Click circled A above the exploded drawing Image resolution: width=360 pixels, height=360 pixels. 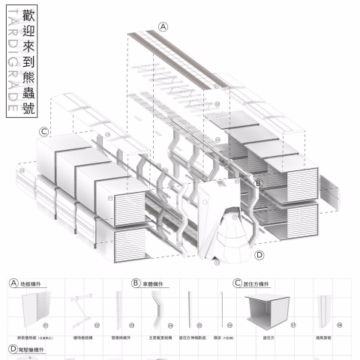tap(163, 26)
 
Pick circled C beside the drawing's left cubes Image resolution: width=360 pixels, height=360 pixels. tap(44, 132)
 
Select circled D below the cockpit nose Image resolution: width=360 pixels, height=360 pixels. tap(259, 255)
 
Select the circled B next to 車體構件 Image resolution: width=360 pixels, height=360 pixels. tap(136, 283)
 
